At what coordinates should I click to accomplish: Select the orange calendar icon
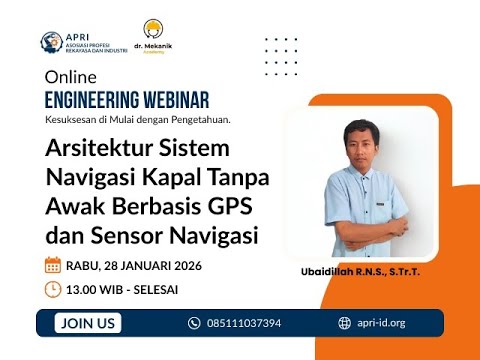(x=53, y=265)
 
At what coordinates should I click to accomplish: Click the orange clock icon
(x=53, y=289)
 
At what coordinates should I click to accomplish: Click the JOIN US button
(x=89, y=323)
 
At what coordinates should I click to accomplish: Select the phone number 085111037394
(x=243, y=323)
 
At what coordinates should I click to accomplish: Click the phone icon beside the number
(x=194, y=323)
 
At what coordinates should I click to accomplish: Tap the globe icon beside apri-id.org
(x=345, y=323)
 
